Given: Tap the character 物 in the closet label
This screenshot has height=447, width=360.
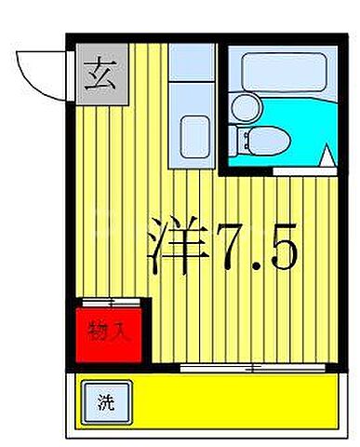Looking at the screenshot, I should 97,330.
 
